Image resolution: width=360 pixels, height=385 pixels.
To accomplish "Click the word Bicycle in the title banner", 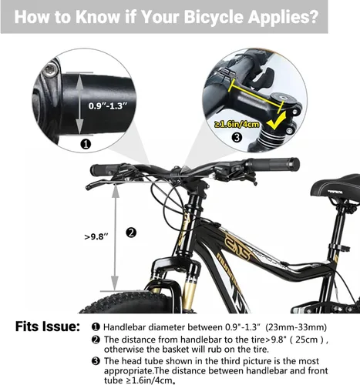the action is coord(214,17).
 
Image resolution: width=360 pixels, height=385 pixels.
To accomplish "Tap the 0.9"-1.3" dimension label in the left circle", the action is coord(108,105).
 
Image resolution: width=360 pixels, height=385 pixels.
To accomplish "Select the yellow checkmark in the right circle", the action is coord(276,121).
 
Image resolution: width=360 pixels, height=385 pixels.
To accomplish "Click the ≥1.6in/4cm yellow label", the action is coord(237,125).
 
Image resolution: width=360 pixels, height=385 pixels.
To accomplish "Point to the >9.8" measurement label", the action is coord(96,236).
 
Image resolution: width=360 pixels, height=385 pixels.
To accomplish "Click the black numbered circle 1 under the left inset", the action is coord(86,144).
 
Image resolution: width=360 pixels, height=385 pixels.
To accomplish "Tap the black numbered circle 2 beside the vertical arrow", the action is coord(131,233).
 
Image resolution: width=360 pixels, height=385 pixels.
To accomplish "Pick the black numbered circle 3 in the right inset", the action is coord(237,137).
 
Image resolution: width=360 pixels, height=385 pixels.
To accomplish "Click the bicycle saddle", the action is coord(337,187).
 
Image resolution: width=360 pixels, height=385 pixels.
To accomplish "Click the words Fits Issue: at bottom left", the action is coord(47,326).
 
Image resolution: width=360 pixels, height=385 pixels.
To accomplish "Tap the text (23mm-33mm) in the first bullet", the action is coord(296,327).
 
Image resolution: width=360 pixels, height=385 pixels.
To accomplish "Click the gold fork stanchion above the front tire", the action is coord(190,291).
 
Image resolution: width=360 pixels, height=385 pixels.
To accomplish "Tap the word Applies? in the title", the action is coord(282,18).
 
